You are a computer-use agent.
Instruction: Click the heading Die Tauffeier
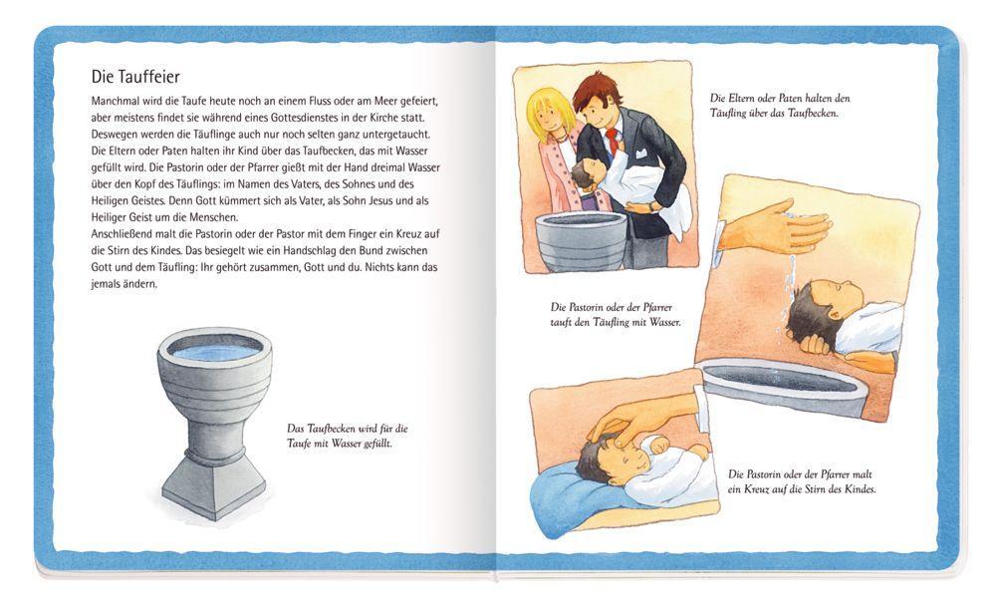point(135,77)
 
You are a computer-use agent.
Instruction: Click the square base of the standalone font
point(213,486)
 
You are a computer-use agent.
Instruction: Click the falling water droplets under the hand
point(790,286)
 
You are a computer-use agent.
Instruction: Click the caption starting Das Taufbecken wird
point(347,437)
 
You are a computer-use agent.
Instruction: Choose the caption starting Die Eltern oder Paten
point(780,106)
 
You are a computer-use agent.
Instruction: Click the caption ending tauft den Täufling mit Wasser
point(615,315)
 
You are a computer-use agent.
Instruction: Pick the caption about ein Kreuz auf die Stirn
point(802,481)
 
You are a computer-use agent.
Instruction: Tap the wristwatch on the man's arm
point(651,205)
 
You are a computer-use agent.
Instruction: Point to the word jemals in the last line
point(106,284)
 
